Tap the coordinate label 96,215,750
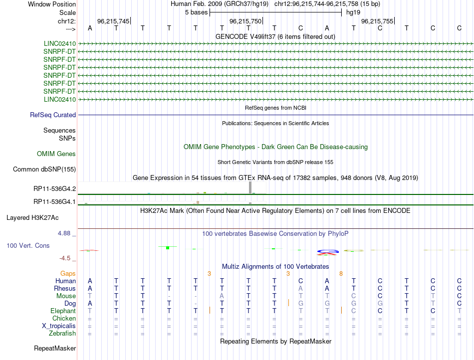pyautogui.click(x=245, y=21)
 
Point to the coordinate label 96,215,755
pyautogui.click(x=377, y=21)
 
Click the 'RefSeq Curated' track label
pyautogui.click(x=53, y=115)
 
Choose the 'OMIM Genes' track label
pyautogui.click(x=56, y=154)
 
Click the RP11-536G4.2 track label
pyautogui.click(x=54, y=189)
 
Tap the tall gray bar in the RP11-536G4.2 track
pyautogui.click(x=250, y=187)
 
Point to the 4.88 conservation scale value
pyautogui.click(x=67, y=233)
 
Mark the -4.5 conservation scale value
pyautogui.click(x=67, y=258)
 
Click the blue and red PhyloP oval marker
pyautogui.click(x=327, y=252)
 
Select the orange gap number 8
pyautogui.click(x=341, y=274)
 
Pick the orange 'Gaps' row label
pyautogui.click(x=68, y=274)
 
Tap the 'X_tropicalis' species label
pyautogui.click(x=59, y=326)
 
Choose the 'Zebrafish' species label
pyautogui.click(x=61, y=334)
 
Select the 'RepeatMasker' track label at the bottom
pyautogui.click(x=55, y=348)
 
